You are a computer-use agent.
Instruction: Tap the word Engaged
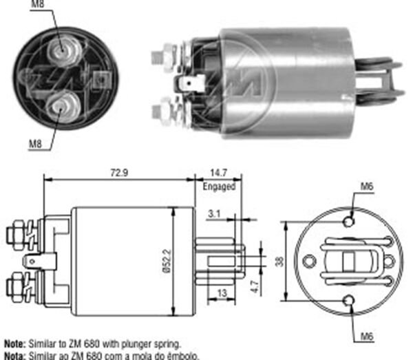click(219, 187)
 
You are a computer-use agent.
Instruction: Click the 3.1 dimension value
click(214, 215)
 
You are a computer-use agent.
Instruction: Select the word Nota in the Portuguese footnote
click(14, 354)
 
